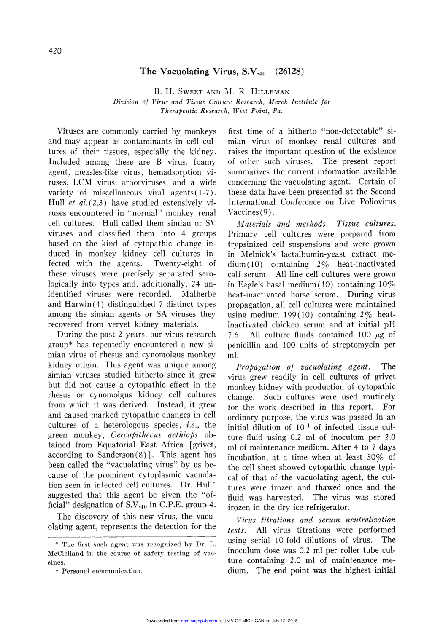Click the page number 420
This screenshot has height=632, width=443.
[55, 51]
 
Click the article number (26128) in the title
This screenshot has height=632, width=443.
[289, 71]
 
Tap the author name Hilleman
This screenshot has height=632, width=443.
[270, 91]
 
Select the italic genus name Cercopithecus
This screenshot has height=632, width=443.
[136, 435]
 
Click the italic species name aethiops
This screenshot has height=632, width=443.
[183, 435]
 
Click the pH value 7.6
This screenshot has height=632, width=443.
[234, 335]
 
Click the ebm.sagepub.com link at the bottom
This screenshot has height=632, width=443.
[199, 621]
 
